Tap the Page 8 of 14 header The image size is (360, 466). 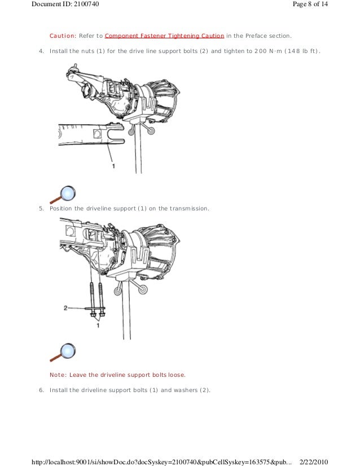coord(310,4)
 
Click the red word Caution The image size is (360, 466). coord(63,36)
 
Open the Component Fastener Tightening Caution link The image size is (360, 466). coord(164,36)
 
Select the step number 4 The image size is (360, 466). coord(41,51)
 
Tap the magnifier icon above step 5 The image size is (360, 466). coord(63,195)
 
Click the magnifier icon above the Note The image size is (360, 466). coord(63,353)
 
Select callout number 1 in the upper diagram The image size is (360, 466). coord(113,166)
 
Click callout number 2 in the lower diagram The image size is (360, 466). coord(65,308)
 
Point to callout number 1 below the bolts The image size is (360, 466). coord(98,326)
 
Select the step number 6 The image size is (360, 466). coord(41,390)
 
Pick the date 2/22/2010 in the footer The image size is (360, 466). coord(314,462)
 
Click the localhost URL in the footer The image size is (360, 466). coord(162,462)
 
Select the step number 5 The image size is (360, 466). coord(41,208)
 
